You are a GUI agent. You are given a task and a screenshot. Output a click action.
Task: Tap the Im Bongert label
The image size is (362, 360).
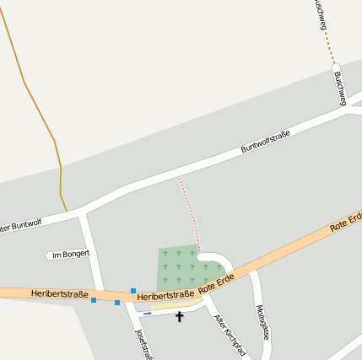(x=70, y=254)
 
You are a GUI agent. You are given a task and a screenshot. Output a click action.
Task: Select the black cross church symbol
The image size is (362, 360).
(x=179, y=317)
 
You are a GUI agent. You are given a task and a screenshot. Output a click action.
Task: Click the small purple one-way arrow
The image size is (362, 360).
(x=148, y=314)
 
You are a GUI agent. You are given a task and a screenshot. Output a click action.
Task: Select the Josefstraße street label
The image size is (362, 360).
(x=141, y=342)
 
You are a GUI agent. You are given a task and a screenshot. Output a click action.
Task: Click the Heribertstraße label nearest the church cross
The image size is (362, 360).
(x=165, y=296)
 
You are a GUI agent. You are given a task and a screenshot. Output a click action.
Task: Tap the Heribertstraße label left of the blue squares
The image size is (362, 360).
(x=59, y=293)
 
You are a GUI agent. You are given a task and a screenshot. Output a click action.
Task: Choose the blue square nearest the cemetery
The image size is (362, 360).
(x=133, y=291)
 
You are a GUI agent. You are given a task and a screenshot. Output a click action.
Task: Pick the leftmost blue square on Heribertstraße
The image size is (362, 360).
(x=94, y=300)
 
